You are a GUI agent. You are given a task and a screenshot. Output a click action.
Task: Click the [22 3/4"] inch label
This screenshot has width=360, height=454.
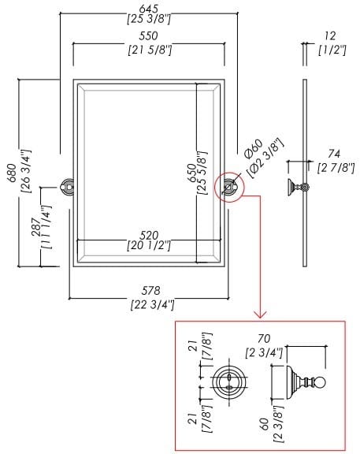click(x=150, y=304)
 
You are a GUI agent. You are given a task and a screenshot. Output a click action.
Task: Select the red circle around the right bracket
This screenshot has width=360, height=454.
click(x=231, y=187)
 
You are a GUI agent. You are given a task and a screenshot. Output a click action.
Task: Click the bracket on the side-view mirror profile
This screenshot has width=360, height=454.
click(x=299, y=188)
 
